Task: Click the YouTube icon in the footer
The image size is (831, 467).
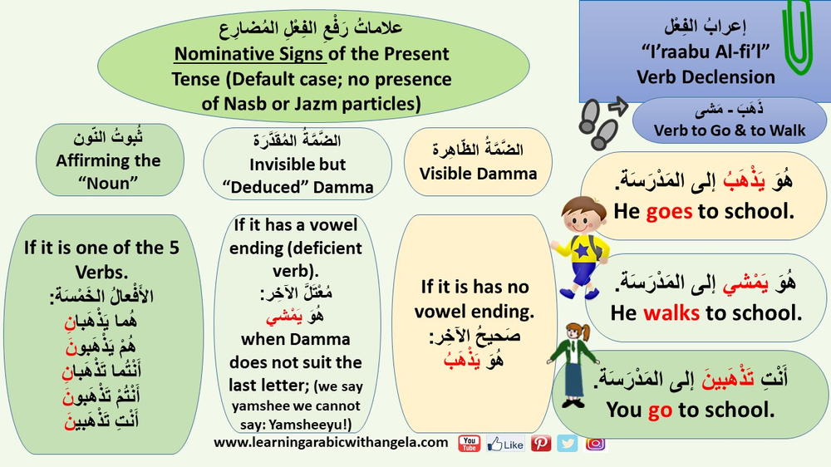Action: pyautogui.click(x=470, y=443)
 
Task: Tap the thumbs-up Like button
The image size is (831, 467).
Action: pyautogui.click(x=505, y=444)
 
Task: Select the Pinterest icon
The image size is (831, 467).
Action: pyautogui.click(x=541, y=443)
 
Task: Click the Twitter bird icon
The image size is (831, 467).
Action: pyautogui.click(x=568, y=443)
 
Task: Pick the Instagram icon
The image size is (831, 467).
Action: pyautogui.click(x=595, y=443)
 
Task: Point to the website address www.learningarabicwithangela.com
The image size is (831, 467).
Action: pyautogui.click(x=331, y=443)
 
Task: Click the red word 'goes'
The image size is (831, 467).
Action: pyautogui.click(x=669, y=211)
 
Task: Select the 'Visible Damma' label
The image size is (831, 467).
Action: pyautogui.click(x=478, y=174)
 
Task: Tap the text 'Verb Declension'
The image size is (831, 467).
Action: pyautogui.click(x=706, y=77)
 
